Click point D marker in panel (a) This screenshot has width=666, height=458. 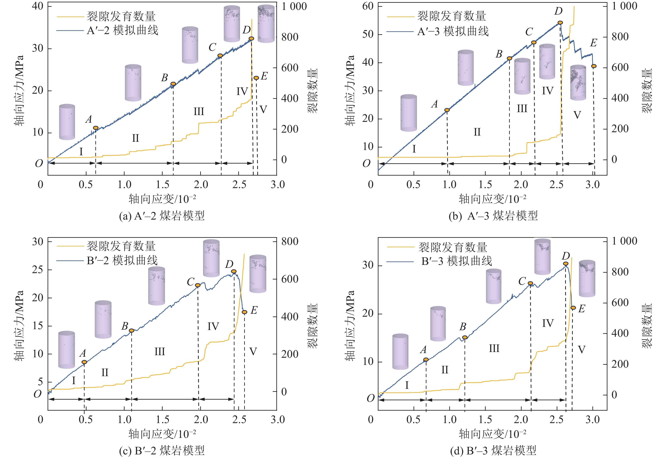point(251,39)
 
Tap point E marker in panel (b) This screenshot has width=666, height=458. point(594,66)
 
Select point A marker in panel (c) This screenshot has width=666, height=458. point(84,362)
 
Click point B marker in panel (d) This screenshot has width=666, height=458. point(465,337)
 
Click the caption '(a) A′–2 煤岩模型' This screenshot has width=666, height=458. point(162,216)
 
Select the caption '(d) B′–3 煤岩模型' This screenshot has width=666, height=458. point(493,451)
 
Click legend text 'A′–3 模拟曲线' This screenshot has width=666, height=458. point(453,31)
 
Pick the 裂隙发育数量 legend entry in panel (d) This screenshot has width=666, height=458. point(453,247)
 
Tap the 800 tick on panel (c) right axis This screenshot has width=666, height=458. point(290,241)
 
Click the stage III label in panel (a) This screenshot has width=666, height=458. point(199,111)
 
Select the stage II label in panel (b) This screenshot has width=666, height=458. point(477,132)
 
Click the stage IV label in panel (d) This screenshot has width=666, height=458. point(548,323)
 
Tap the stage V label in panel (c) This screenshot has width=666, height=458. point(253,351)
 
